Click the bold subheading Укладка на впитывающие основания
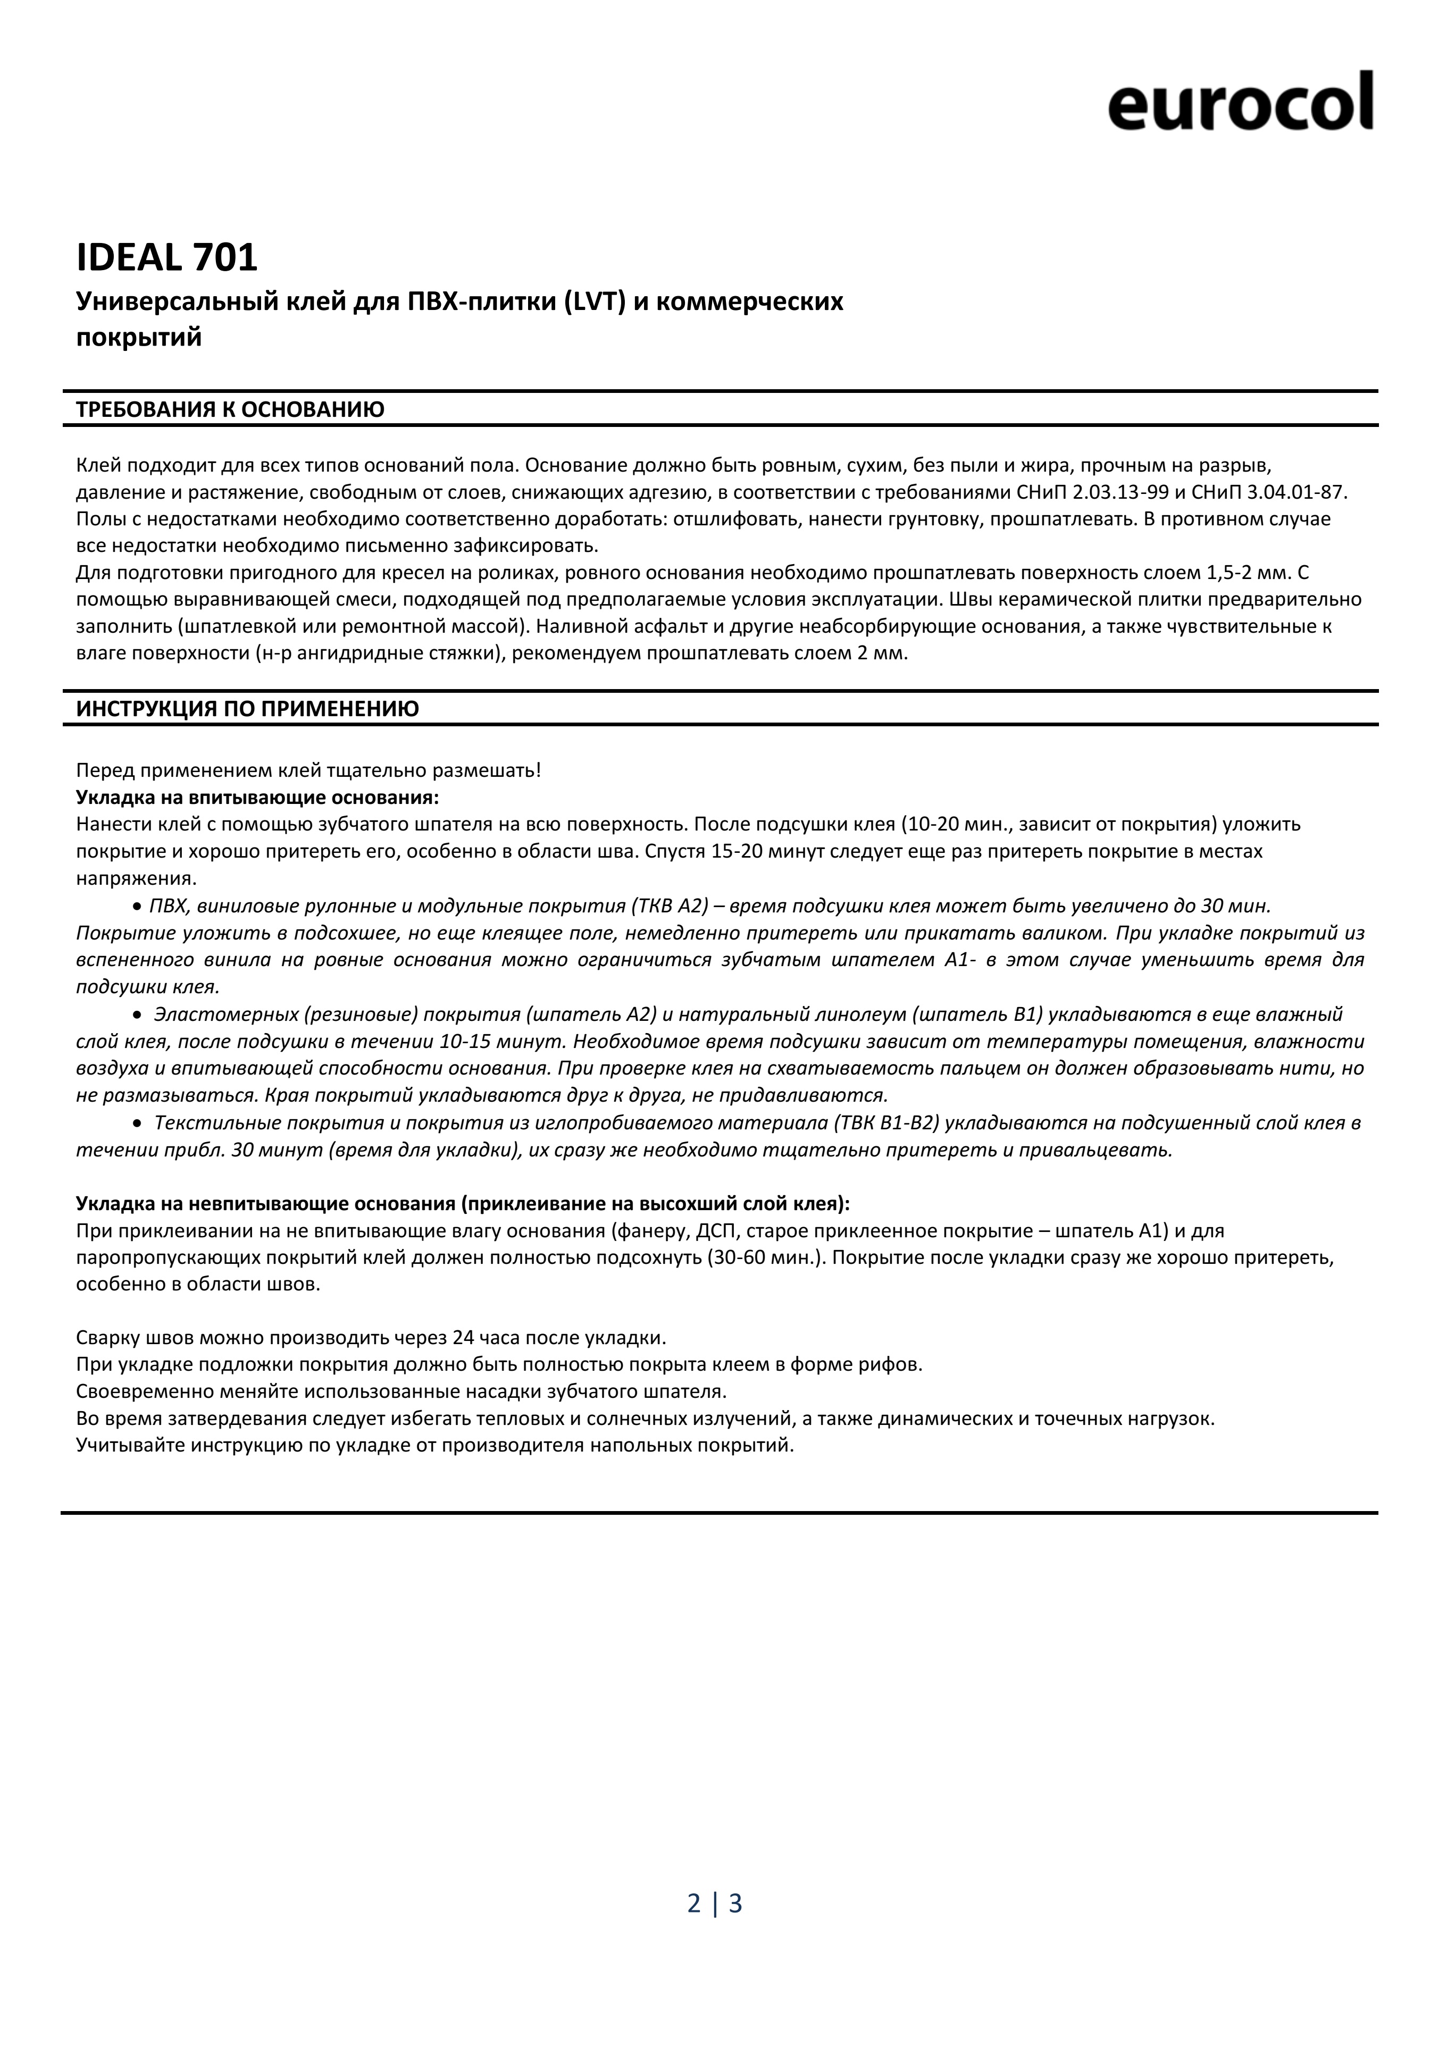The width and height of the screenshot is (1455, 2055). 258,797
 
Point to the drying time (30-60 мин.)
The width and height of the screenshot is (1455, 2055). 765,1258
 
